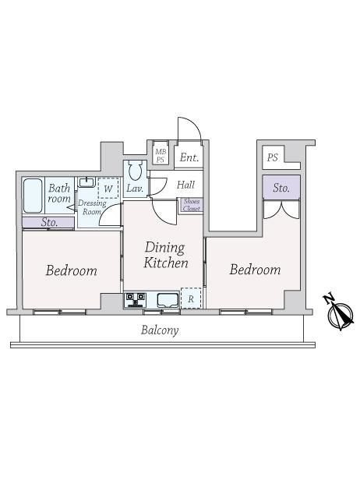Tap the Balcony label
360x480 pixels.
pos(160,330)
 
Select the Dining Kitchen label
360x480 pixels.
pos(166,255)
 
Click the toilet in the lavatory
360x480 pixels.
pos(135,171)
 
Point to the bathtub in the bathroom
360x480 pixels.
pos(33,196)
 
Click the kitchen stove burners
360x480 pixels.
pos(135,299)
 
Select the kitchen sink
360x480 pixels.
pos(168,300)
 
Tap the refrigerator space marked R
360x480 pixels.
pos(191,298)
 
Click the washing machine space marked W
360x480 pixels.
pos(108,188)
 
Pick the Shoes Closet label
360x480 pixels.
pos(192,205)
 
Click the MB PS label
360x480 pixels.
pos(161,156)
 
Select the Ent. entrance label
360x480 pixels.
pos(189,157)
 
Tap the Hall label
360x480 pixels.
pos(185,185)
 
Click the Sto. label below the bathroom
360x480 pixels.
pos(49,222)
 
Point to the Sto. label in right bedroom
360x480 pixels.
pos(281,188)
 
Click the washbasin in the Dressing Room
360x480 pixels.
pos(86,182)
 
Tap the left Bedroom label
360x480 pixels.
pos(72,270)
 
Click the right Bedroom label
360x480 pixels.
pos(255,270)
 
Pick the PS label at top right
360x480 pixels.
pos(273,157)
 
